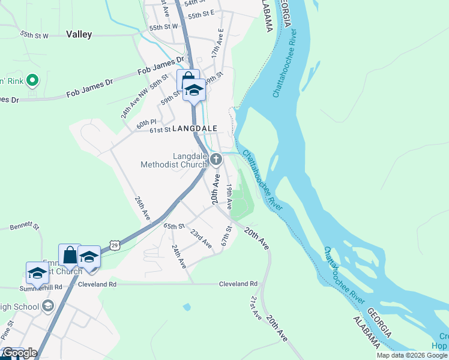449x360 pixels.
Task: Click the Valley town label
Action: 79,34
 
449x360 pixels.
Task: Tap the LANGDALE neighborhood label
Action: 194,129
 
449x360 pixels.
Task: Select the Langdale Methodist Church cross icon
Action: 216,160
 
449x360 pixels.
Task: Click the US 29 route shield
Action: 114,244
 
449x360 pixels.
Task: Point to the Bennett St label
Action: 24,227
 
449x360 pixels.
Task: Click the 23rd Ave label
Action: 201,238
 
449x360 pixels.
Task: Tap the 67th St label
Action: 226,235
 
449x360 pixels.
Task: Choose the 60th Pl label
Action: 145,124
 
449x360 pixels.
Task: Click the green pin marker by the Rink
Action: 32,80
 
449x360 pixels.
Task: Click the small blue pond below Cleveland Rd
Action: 187,307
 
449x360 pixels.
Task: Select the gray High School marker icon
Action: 49,307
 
